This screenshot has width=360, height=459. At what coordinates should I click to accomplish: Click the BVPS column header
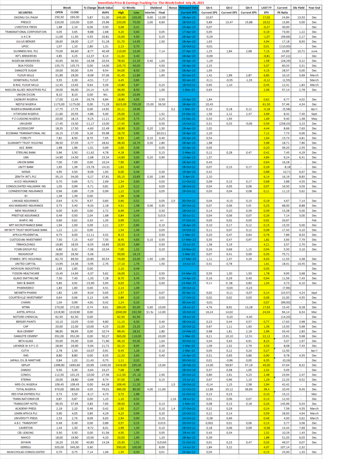[105, 12]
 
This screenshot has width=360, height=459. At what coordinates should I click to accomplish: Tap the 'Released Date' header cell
[188, 7]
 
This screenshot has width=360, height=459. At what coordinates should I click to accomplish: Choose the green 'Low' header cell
[136, 12]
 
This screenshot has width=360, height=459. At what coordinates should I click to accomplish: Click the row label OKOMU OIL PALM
[26, 17]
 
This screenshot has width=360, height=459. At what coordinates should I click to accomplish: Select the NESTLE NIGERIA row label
[26, 104]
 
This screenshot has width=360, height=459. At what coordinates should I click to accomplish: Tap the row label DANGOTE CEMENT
[26, 336]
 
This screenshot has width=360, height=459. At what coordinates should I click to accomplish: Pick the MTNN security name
[26, 307]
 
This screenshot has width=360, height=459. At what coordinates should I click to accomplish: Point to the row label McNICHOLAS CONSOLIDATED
[26, 452]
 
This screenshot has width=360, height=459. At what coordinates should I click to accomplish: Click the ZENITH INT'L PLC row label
[26, 177]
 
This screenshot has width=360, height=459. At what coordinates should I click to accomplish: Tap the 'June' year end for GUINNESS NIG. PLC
[314, 51]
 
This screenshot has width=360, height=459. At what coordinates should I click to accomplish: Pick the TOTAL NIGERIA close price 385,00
[75, 389]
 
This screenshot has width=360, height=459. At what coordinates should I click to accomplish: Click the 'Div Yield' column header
[299, 7]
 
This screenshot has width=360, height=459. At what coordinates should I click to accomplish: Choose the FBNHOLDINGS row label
[26, 244]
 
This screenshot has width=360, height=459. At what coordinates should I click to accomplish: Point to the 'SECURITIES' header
[25, 12]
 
